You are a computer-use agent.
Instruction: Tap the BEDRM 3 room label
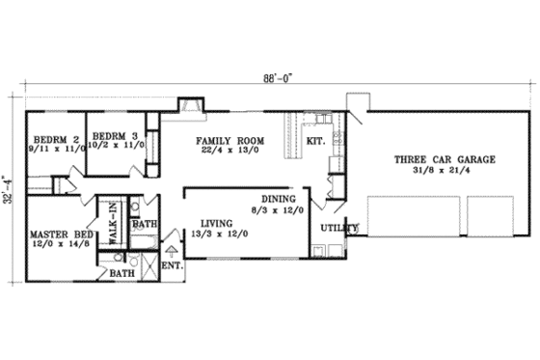113,135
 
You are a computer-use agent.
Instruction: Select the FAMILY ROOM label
228,139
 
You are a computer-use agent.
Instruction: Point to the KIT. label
315,141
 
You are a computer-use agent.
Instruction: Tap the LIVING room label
209,221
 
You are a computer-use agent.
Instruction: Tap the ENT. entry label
173,263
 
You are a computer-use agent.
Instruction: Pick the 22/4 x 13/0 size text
228,150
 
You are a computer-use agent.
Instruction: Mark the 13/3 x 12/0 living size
209,232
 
